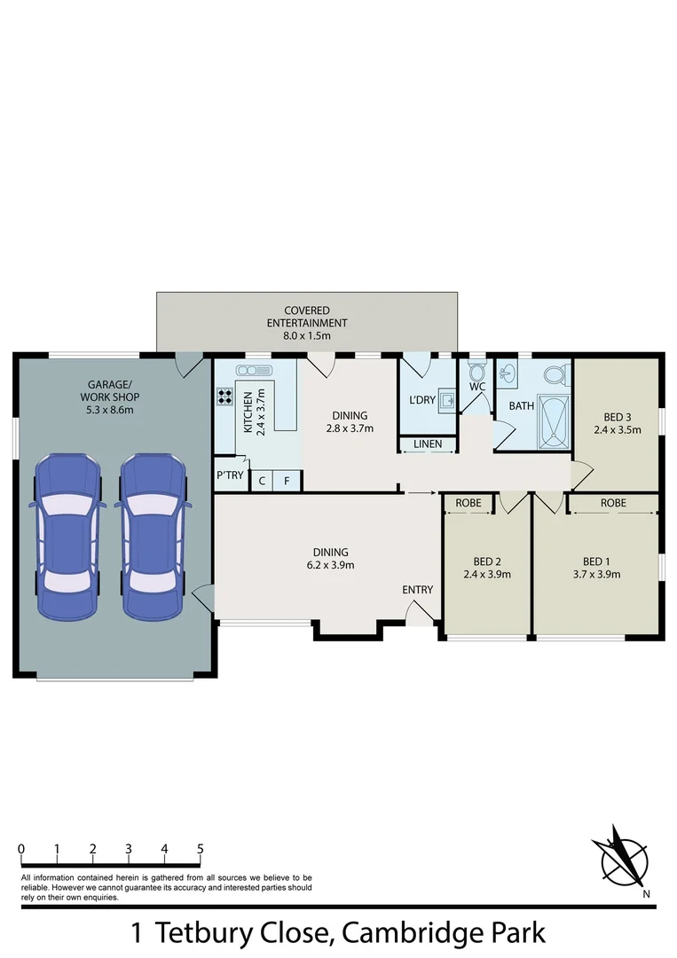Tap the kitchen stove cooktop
224,397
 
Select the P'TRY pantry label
230,475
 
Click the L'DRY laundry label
421,400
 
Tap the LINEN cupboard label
428,444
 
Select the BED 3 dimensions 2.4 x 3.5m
617,430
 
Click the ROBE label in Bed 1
612,503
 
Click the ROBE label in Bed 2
468,503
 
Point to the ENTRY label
418,590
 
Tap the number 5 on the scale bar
201,849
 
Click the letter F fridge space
287,482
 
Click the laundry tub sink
447,401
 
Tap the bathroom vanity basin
508,373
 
